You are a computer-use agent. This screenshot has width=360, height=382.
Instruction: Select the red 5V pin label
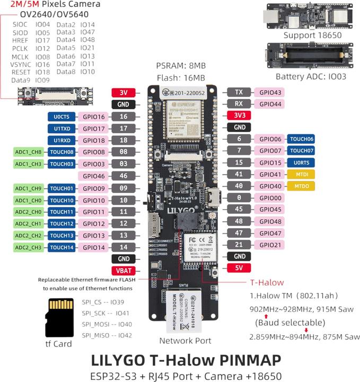click(239, 268)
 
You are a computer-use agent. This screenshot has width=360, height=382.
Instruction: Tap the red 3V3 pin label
click(239, 115)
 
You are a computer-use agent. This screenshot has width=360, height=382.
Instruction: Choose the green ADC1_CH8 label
click(28, 152)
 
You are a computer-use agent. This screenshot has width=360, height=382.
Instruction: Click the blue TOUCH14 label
click(63, 247)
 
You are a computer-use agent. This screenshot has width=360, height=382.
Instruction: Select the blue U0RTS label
click(301, 162)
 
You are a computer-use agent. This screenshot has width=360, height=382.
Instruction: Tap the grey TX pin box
click(239, 92)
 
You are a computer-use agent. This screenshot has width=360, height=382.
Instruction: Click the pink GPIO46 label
click(94, 176)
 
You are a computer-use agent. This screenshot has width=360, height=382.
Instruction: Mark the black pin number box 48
click(239, 221)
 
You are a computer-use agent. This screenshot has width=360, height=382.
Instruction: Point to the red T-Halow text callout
click(266, 282)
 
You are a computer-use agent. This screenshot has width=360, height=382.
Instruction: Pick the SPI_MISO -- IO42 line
click(107, 335)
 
